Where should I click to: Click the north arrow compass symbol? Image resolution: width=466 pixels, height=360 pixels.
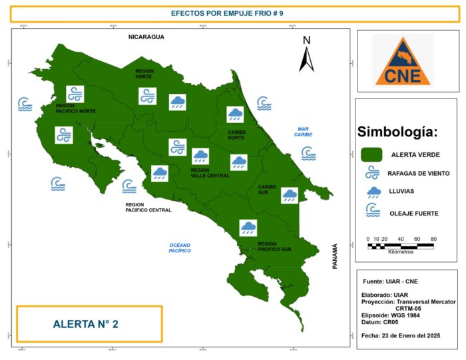pos(306,54)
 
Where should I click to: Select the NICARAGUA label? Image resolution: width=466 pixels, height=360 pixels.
pos(146,37)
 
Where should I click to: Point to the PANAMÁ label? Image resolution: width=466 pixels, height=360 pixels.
pos(335,256)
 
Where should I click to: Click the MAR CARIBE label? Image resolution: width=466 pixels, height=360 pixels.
pos(304,132)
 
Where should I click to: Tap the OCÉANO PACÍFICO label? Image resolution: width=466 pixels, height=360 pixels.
pos(180,248)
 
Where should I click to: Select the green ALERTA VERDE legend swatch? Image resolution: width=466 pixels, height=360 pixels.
pos(371,154)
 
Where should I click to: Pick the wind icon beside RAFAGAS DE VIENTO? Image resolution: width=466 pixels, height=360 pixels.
pos(371,173)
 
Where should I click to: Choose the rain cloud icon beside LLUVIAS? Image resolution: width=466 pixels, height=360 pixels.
pos(371,192)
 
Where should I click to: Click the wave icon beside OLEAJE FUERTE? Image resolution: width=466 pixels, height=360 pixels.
pos(371,211)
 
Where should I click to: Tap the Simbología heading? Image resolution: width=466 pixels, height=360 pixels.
pos(397,132)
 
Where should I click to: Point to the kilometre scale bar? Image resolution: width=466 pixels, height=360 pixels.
pos(401,246)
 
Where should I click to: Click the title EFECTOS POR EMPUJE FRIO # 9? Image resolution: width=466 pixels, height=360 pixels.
pos(232,13)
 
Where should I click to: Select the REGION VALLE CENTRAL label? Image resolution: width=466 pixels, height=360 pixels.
pos(210,173)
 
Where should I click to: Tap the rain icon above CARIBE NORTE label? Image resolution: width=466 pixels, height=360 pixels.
pos(235,115)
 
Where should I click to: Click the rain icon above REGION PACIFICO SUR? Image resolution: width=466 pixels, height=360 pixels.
pos(249,228)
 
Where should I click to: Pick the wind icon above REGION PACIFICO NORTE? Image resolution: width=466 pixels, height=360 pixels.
pos(75,94)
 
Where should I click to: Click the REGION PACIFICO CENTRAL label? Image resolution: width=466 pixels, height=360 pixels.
pos(148,207)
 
